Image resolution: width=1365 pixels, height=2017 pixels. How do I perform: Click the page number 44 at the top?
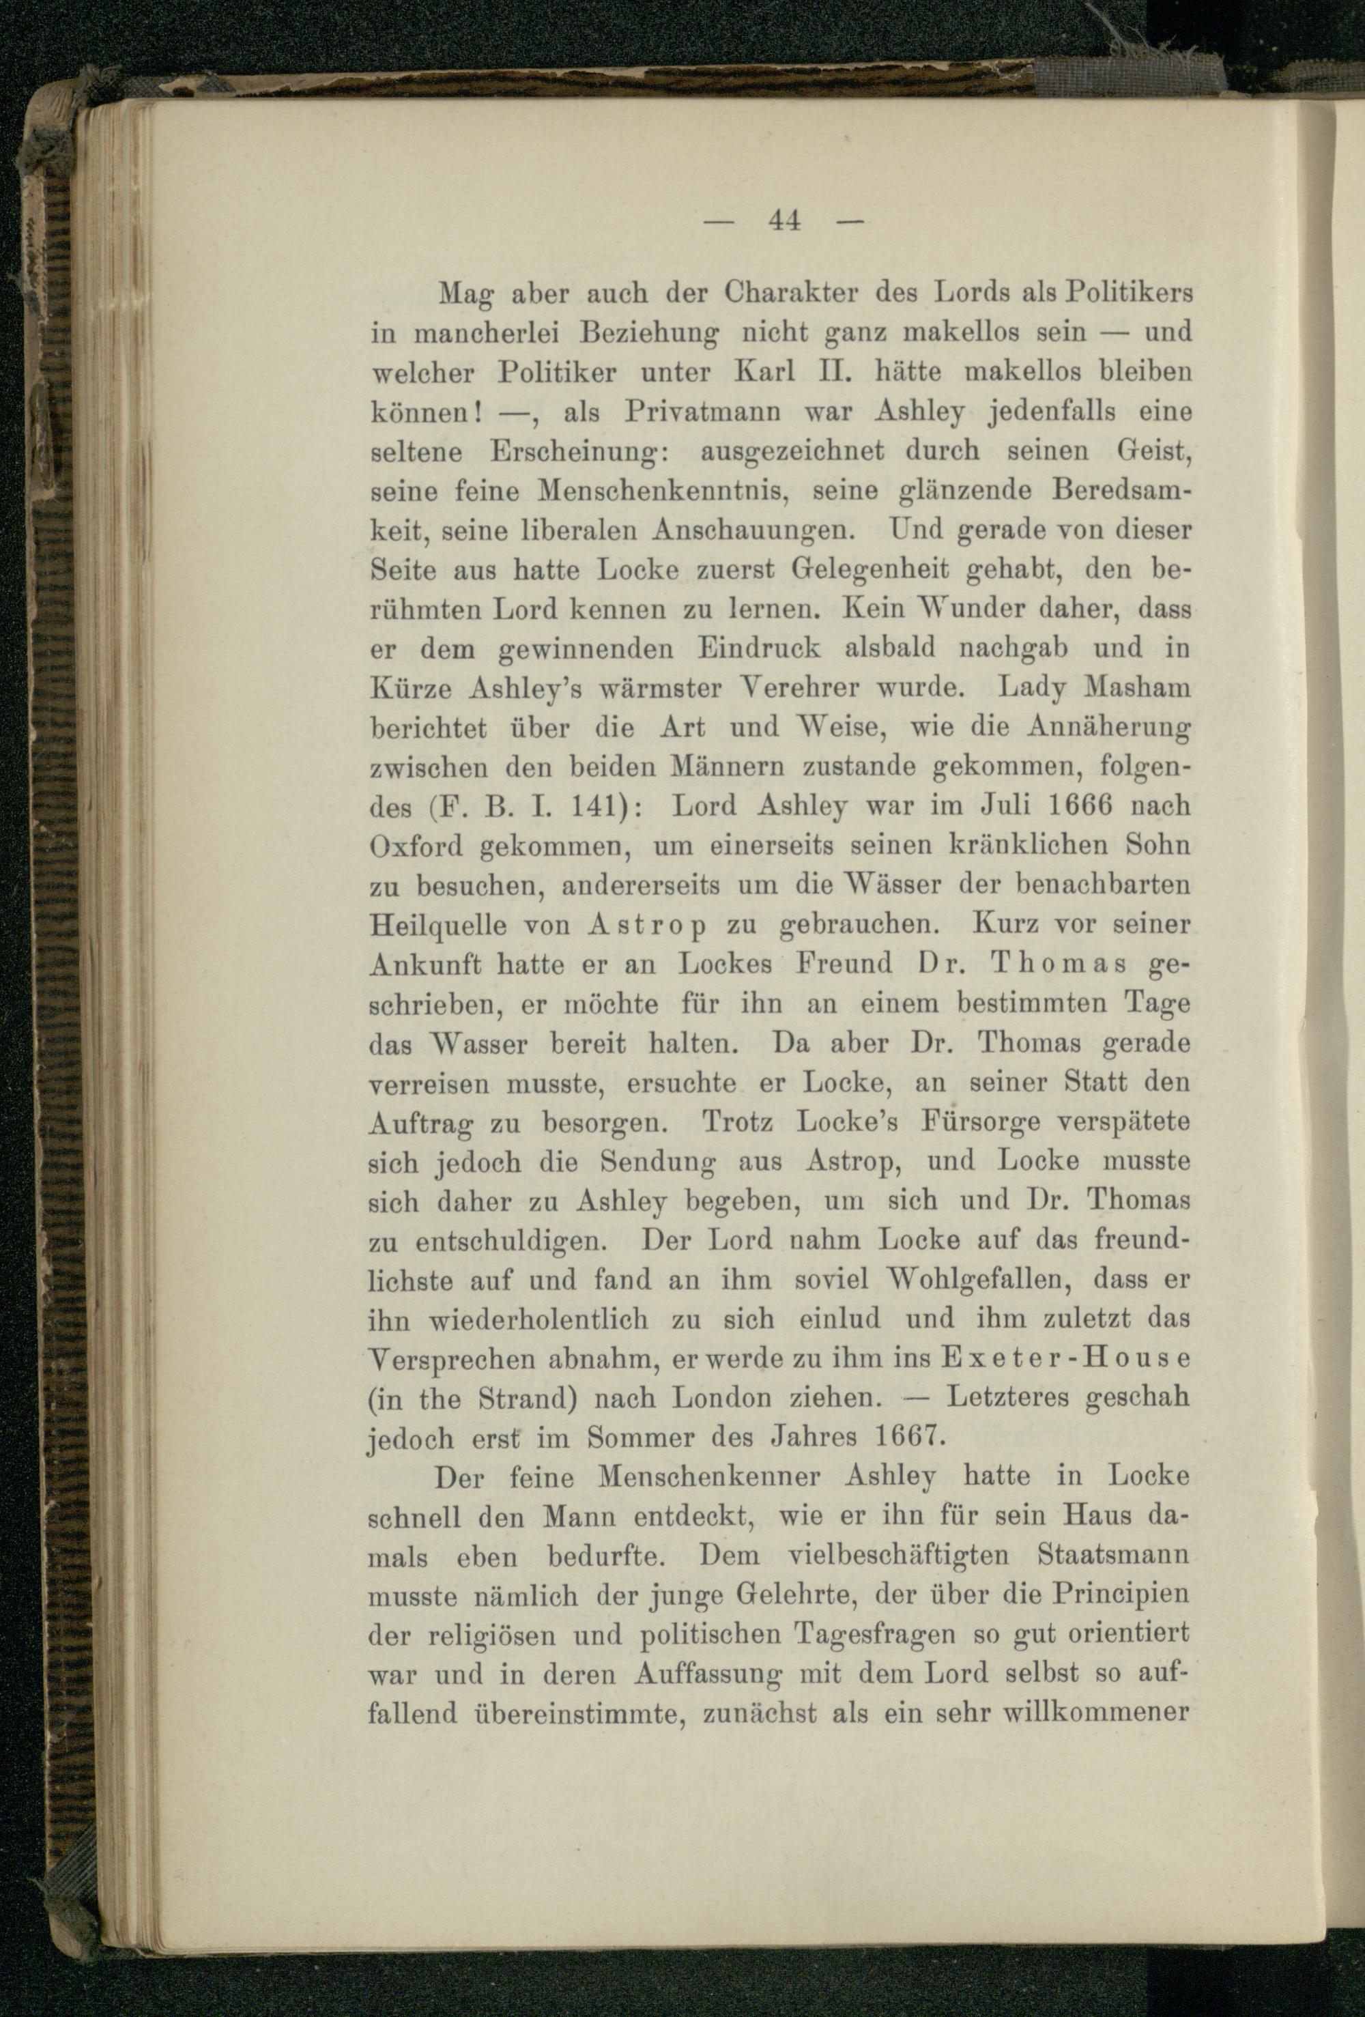(x=783, y=223)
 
